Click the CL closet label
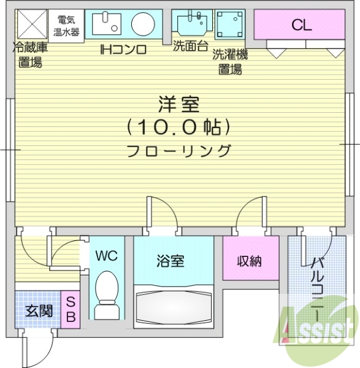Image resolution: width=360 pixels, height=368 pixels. (301, 25)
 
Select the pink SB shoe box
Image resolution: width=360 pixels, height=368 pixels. (71, 310)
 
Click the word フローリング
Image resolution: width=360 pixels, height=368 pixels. (180, 150)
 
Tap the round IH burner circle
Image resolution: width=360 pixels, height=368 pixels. (143, 25)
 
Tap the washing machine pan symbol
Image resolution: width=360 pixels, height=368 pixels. (230, 26)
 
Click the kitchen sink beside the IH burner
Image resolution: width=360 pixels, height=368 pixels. (106, 25)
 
